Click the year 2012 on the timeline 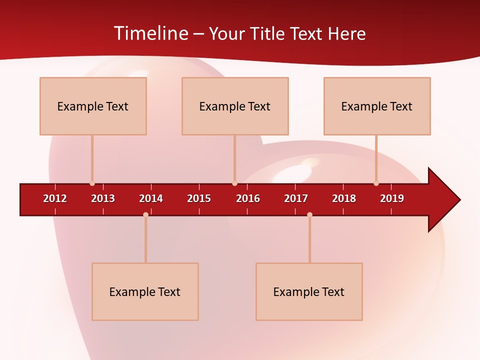pyautogui.click(x=55, y=198)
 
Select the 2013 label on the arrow pyautogui.click(x=103, y=198)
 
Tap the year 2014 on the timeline pyautogui.click(x=151, y=198)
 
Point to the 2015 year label pyautogui.click(x=199, y=198)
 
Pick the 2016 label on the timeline pyautogui.click(x=248, y=198)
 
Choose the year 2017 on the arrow pyautogui.click(x=296, y=198)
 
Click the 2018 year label pyautogui.click(x=344, y=198)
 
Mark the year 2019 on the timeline pyautogui.click(x=392, y=198)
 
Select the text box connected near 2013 pyautogui.click(x=93, y=106)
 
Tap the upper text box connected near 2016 pyautogui.click(x=235, y=106)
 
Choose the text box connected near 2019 pyautogui.click(x=377, y=106)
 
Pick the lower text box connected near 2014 pyautogui.click(x=145, y=291)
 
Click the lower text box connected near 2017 pyautogui.click(x=309, y=291)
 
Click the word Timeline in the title pyautogui.click(x=150, y=33)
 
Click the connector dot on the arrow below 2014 pyautogui.click(x=145, y=214)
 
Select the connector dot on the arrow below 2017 pyautogui.click(x=309, y=214)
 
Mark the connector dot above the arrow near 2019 pyautogui.click(x=376, y=183)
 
